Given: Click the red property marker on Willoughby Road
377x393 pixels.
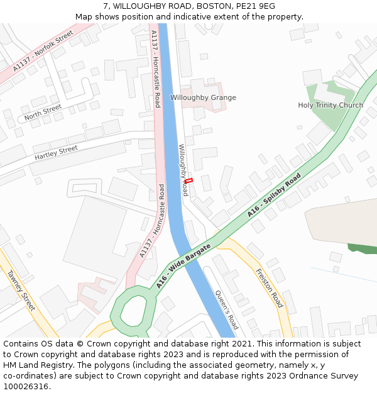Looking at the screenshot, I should (x=188, y=181).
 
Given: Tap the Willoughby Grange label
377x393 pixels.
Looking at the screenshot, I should (x=203, y=97).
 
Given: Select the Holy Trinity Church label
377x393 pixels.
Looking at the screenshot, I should (x=331, y=105).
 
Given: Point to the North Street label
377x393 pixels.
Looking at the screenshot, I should (x=43, y=113).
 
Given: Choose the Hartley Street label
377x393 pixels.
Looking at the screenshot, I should (x=56, y=152).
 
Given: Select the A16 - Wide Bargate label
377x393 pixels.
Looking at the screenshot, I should (x=183, y=267).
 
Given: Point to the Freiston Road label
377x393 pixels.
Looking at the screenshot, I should (x=270, y=288).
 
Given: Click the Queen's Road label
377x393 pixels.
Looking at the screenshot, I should (x=227, y=309).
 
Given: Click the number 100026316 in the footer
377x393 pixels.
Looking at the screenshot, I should (x=26, y=387).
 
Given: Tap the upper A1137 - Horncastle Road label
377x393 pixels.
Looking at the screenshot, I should (x=156, y=69).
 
